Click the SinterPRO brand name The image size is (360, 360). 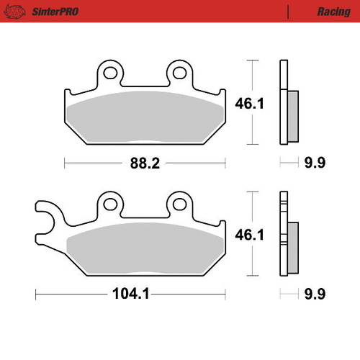(55, 12)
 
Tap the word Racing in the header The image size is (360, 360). (334, 12)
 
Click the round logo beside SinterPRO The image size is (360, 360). (15, 12)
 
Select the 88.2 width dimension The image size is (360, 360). (145, 163)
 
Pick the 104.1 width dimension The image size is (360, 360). (131, 294)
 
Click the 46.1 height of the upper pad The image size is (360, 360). (249, 104)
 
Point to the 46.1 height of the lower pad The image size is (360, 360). (249, 235)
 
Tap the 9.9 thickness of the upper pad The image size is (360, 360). (315, 163)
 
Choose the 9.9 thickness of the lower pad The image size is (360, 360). (315, 294)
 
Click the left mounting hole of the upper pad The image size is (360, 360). (110, 73)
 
